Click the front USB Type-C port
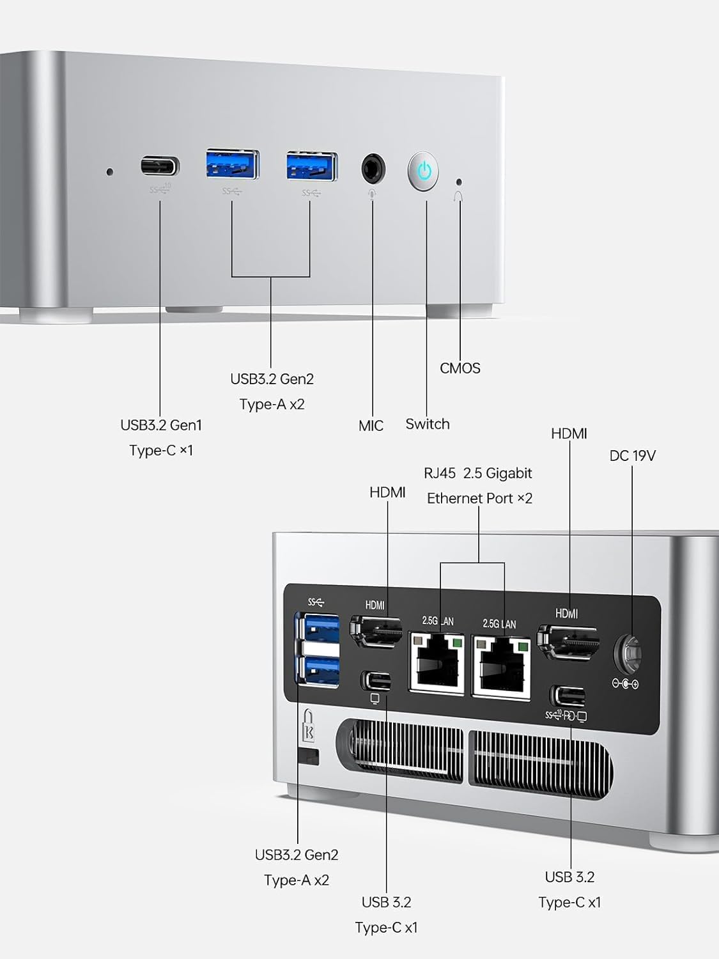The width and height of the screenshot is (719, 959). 160,167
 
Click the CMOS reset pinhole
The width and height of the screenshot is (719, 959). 458,182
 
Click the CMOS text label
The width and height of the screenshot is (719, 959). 460,368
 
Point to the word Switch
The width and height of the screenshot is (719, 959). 428,424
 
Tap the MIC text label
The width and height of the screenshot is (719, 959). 371,426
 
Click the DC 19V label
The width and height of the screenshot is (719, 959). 633,456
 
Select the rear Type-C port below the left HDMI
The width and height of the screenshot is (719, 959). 376,680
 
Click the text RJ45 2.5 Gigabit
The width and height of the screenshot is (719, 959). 478,473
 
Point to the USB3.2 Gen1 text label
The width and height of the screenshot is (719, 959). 161,425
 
